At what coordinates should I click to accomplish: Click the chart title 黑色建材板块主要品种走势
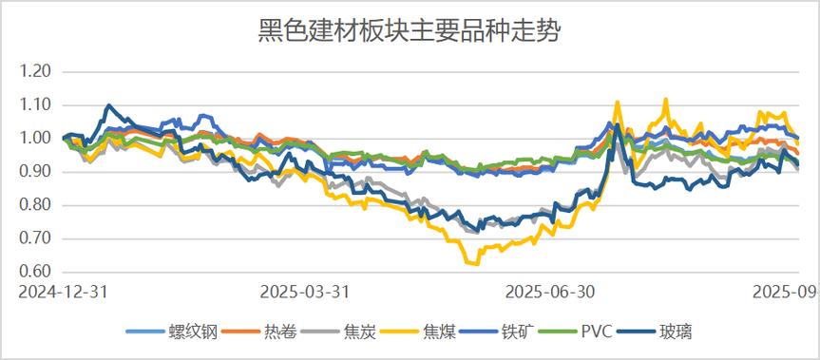(410, 32)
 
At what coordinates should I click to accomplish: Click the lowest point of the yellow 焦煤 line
(467, 262)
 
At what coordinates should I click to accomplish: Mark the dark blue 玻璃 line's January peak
(108, 105)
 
